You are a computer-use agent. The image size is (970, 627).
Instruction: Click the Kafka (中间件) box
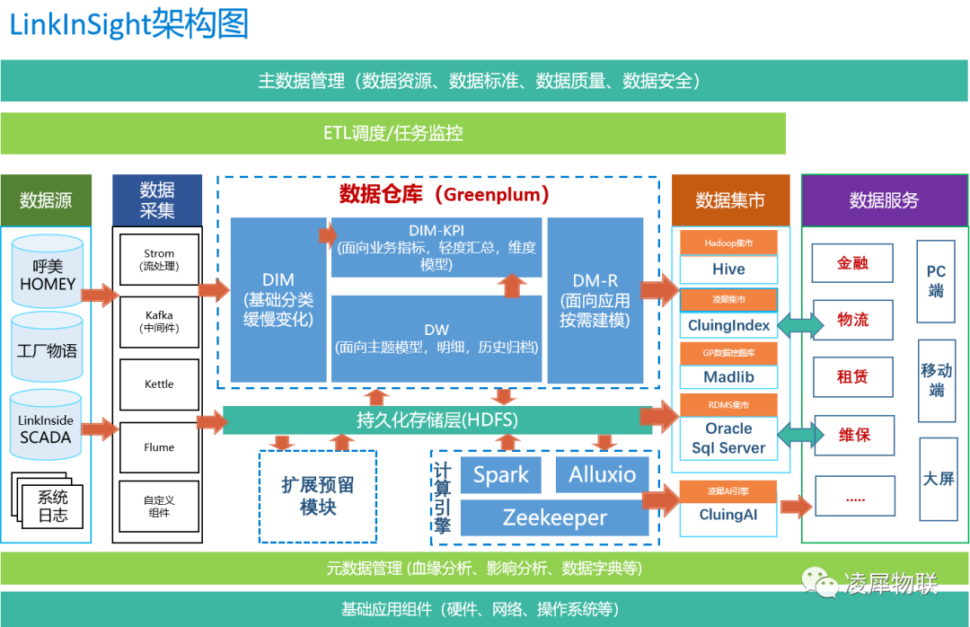[x=159, y=322]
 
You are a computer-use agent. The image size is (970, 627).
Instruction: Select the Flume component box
[x=159, y=447]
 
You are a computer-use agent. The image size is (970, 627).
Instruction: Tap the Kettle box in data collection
[x=159, y=384]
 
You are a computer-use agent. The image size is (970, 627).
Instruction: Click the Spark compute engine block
[x=500, y=474]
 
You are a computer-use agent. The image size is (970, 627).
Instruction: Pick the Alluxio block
[x=602, y=474]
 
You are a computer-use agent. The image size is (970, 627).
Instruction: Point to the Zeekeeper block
[x=554, y=517]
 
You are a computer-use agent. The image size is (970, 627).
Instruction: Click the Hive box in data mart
[x=728, y=269]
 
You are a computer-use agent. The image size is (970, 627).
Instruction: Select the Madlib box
[x=728, y=377]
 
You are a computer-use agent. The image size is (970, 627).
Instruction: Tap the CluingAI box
[x=728, y=516]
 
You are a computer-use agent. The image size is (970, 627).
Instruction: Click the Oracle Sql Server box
[x=728, y=438]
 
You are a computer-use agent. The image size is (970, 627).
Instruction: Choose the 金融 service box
[x=852, y=264]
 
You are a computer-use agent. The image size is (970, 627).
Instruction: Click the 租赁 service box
[x=852, y=377]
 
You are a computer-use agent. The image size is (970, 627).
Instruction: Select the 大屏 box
[x=939, y=479]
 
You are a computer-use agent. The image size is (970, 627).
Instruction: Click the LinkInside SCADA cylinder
[x=48, y=428]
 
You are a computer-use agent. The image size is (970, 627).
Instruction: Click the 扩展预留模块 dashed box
[x=317, y=496]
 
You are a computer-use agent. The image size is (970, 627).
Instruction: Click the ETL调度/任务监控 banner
[x=393, y=134]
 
